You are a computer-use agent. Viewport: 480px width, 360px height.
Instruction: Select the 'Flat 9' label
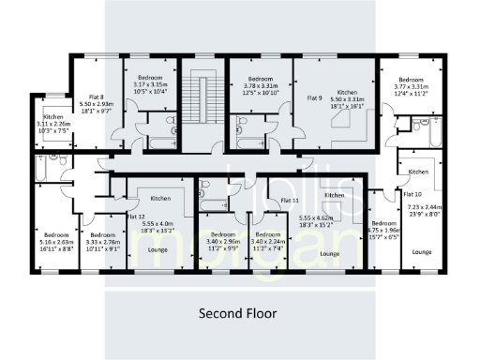[x=315, y=97]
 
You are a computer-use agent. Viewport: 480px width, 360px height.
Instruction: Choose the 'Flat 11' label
[x=290, y=201]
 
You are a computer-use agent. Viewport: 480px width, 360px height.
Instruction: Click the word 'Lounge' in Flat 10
[x=421, y=252]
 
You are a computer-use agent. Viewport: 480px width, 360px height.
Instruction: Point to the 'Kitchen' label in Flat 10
[x=418, y=172]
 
